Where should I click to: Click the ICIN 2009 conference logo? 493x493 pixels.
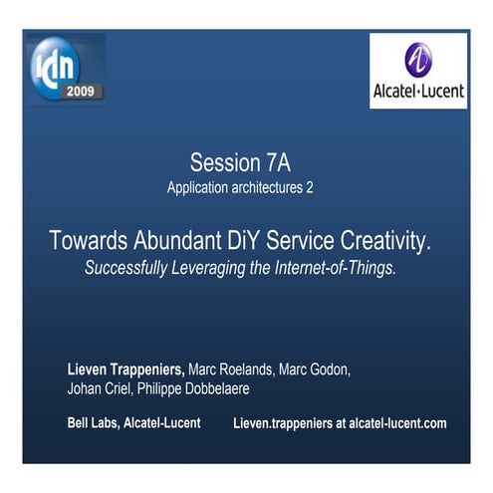[67, 67]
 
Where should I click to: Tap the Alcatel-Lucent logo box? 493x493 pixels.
[418, 71]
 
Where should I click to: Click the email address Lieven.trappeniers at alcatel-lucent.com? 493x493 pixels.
[340, 423]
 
